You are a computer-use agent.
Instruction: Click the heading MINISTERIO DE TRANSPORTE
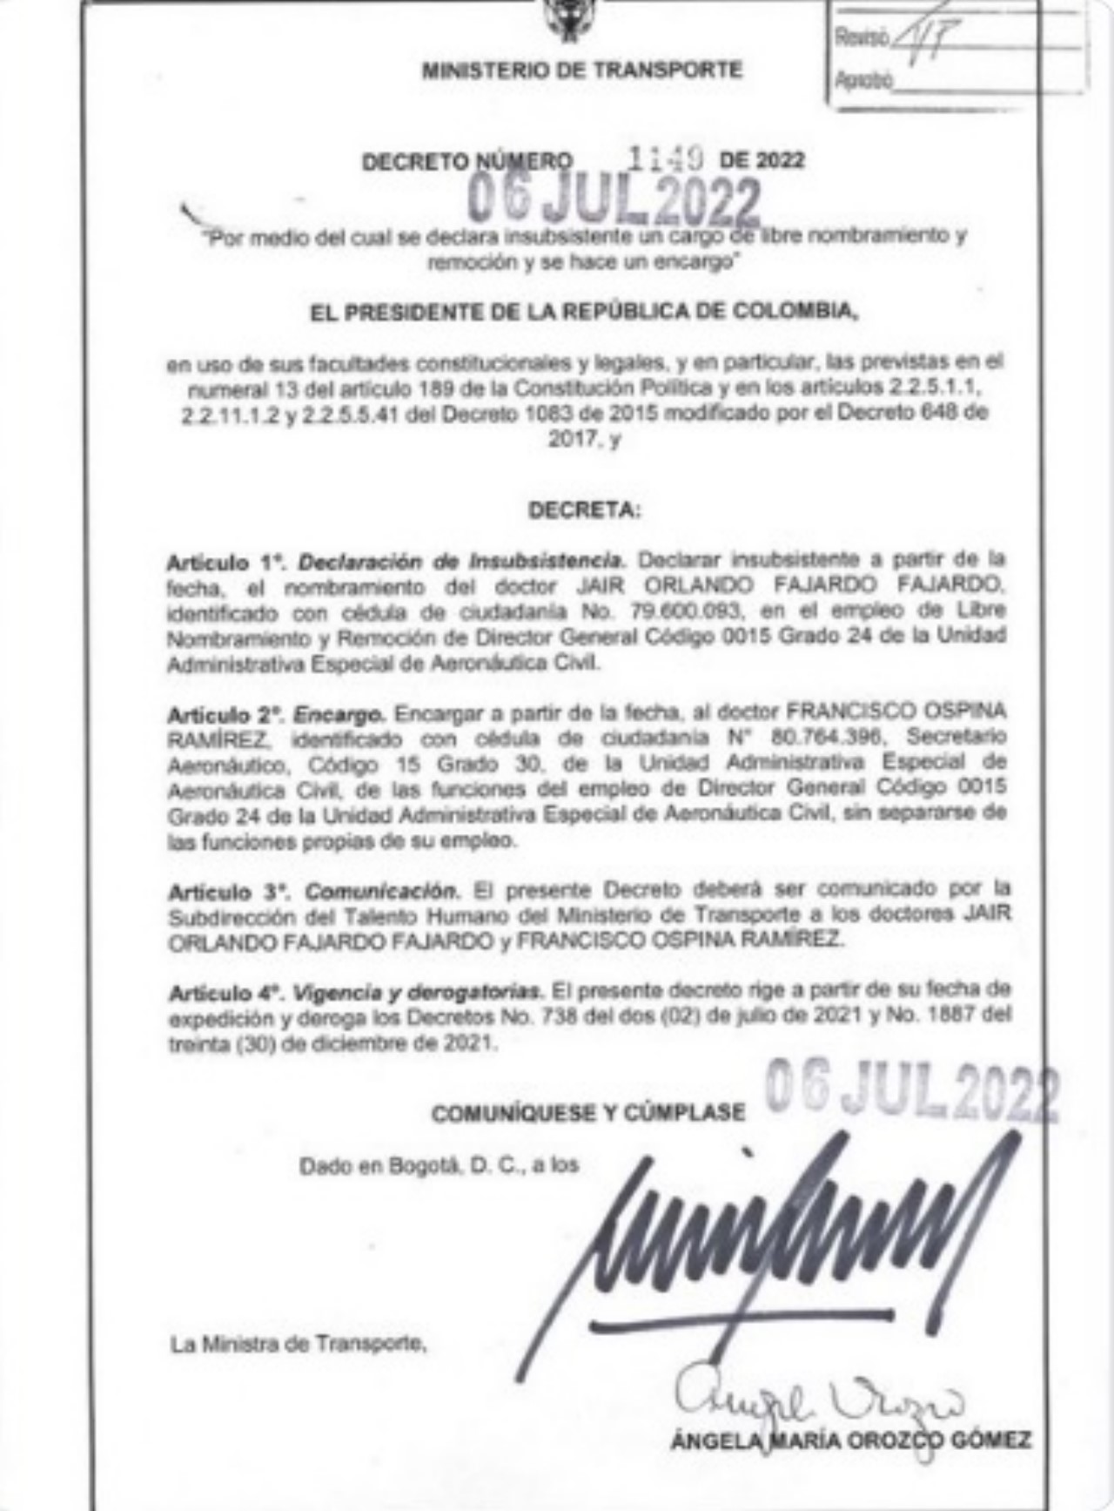click(x=581, y=70)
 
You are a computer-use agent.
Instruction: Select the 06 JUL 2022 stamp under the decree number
click(x=614, y=199)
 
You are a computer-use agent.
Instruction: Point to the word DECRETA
click(x=585, y=511)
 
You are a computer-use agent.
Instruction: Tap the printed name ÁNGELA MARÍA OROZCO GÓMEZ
click(x=850, y=1440)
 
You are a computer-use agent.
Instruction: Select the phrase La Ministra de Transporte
click(x=299, y=1345)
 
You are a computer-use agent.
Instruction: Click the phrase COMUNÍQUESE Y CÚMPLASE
click(x=588, y=1113)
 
